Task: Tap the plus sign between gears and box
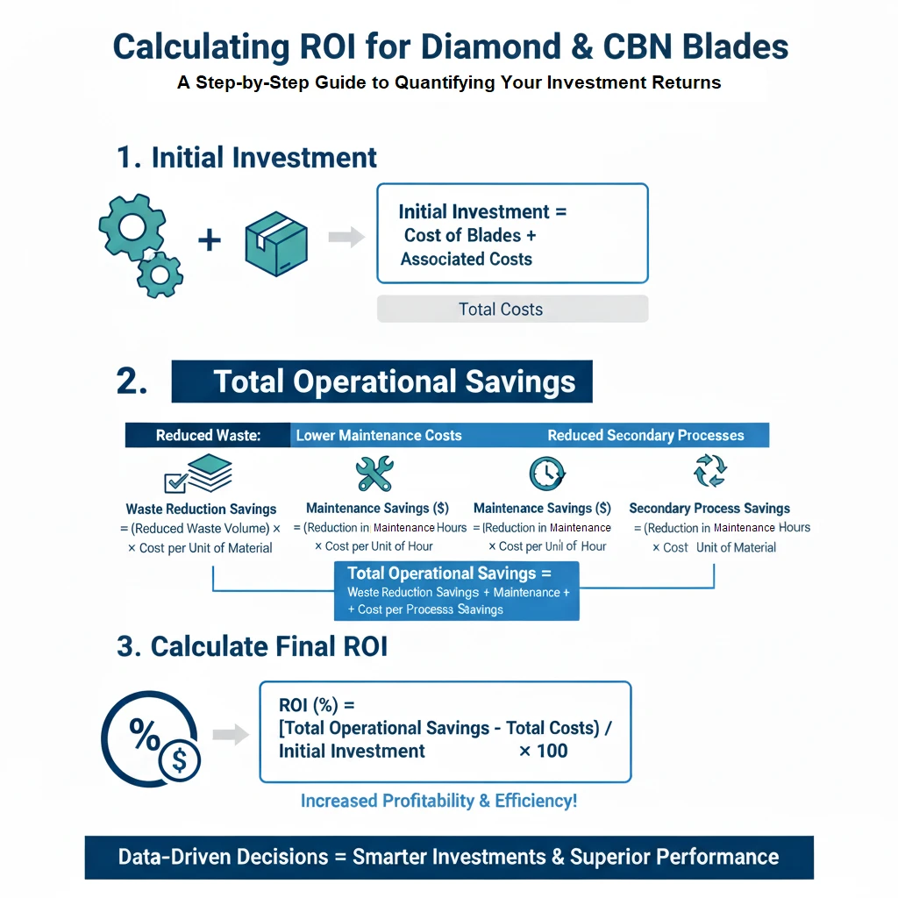(x=209, y=239)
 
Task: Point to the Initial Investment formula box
(x=512, y=233)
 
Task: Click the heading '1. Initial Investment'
(x=246, y=158)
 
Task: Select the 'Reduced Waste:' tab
(x=208, y=435)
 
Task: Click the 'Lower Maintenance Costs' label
(x=379, y=435)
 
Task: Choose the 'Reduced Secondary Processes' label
(x=645, y=435)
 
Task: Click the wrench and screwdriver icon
(x=374, y=474)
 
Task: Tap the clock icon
(x=546, y=474)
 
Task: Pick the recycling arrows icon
(x=709, y=471)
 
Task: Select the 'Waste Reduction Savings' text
(x=201, y=509)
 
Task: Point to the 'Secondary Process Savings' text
(x=709, y=508)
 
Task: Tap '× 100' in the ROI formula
(x=544, y=751)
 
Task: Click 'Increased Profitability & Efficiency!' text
(x=438, y=801)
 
